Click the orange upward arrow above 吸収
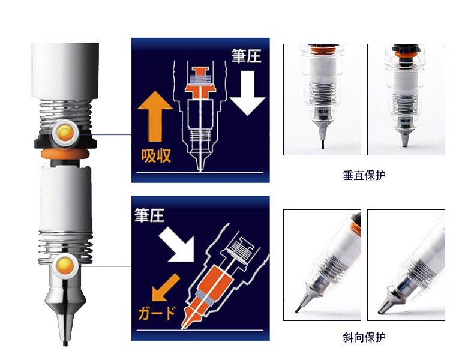[x=155, y=116]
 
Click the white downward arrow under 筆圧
[x=247, y=93]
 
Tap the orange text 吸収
[x=156, y=156]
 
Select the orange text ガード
[x=157, y=313]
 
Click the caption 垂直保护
[x=364, y=175]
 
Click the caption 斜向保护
[x=364, y=337]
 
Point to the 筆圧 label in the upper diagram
[x=247, y=56]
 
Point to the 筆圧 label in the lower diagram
[x=149, y=215]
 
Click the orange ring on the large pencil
[x=65, y=153]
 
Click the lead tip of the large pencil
[x=65, y=344]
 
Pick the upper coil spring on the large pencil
[x=65, y=114]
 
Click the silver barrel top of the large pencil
[x=65, y=71]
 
